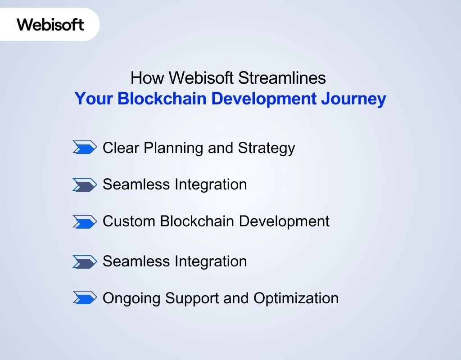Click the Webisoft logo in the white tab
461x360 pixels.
(50, 24)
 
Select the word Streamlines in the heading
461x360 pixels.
(282, 78)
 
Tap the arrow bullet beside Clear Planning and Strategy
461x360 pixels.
(85, 148)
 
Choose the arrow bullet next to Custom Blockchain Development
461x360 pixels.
(85, 221)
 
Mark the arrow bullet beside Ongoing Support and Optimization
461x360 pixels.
(85, 298)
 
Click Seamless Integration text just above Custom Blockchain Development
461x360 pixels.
(175, 184)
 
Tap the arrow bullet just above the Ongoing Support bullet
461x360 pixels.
(85, 261)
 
